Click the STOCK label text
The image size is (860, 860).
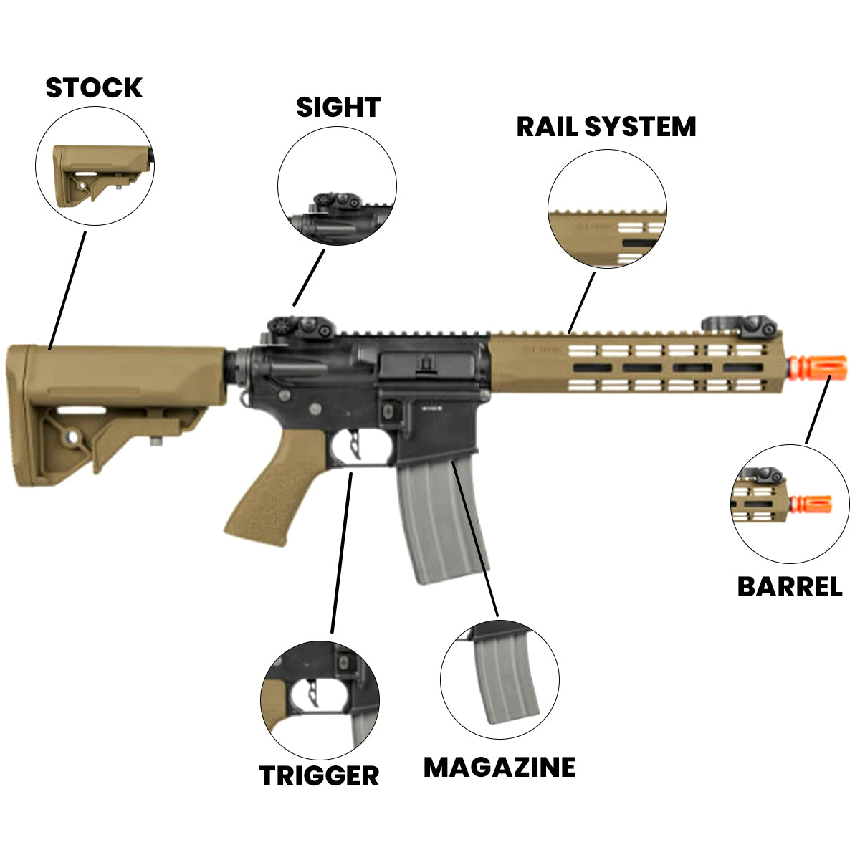coord(94,88)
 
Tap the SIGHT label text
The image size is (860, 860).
coord(338,107)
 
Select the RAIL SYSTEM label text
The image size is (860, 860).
coord(606,127)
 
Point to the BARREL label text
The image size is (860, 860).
coord(790,587)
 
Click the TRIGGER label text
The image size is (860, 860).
coord(319,775)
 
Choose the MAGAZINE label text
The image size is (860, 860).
coord(500,768)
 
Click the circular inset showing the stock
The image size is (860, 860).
coord(95,166)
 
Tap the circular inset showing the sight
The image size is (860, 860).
coord(337,187)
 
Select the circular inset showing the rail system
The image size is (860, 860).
coord(608,209)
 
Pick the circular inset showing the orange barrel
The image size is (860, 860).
coord(790,503)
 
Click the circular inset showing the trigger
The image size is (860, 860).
coord(320,699)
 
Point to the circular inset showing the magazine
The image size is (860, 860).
coord(500,679)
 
